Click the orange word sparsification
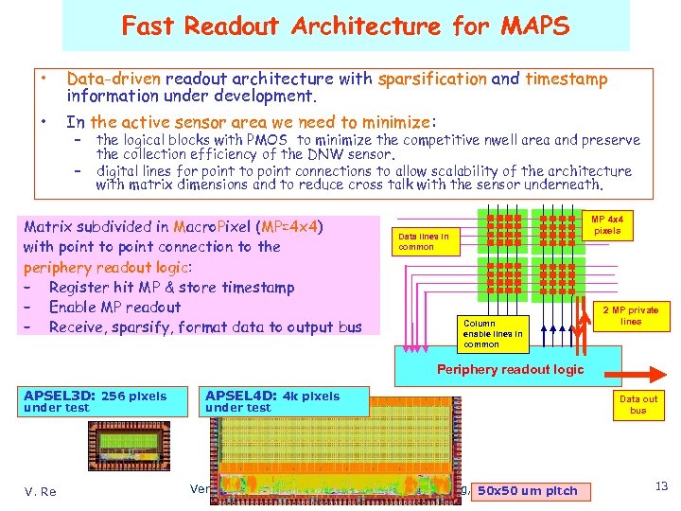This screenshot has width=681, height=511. tap(432, 79)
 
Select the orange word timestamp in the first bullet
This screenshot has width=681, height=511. tap(567, 79)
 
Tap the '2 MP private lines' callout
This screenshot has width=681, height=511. tap(631, 316)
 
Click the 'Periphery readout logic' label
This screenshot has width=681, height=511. tap(510, 369)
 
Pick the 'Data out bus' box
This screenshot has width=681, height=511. tap(637, 405)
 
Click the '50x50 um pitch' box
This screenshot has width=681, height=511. tap(527, 490)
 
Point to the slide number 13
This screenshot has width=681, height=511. tap(661, 486)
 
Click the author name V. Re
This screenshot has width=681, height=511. tap(40, 490)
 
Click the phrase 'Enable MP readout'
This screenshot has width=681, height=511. tap(114, 308)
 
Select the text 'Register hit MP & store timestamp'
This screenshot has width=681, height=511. tap(171, 288)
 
